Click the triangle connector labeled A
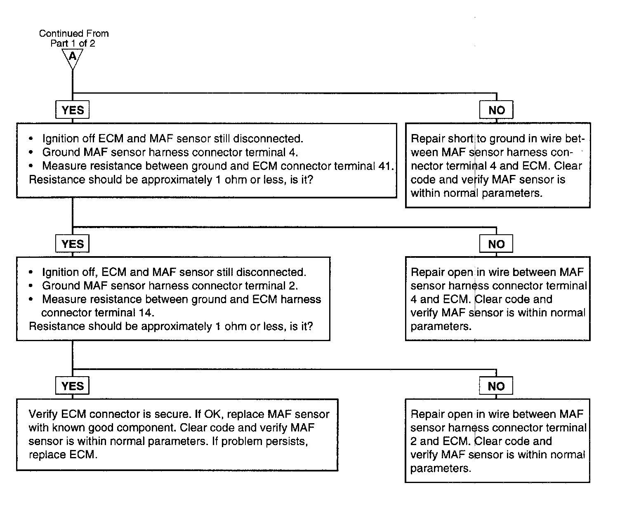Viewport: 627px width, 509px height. point(73,57)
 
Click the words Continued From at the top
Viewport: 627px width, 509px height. point(74,33)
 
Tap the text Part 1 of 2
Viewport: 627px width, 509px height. point(73,43)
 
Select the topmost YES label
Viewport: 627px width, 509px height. point(73,110)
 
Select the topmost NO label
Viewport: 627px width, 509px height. point(496,110)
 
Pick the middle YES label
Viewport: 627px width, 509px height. point(73,244)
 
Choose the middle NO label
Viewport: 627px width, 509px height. point(496,244)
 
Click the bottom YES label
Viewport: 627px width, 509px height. point(73,386)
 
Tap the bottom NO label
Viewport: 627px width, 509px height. point(496,386)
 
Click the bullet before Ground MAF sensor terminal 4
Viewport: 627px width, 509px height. point(31,152)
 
